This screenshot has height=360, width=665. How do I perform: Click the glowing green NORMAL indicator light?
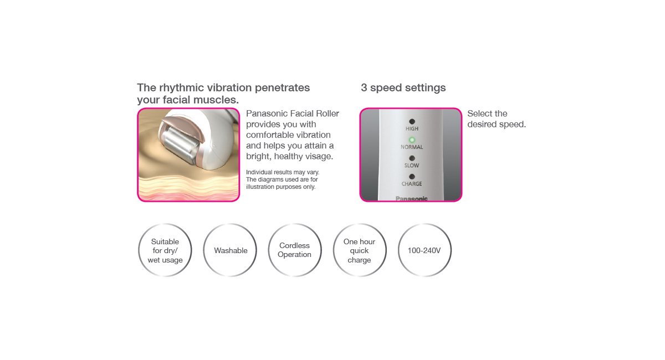[x=412, y=140]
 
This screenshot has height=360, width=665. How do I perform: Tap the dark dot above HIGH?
[x=412, y=121]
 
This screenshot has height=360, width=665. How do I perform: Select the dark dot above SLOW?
[x=412, y=158]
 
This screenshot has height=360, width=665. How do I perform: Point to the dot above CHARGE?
[x=412, y=177]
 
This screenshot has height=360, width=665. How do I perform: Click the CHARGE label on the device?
[x=412, y=184]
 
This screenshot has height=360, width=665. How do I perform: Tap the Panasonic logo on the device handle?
[x=411, y=198]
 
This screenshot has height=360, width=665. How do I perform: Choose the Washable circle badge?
[x=230, y=250]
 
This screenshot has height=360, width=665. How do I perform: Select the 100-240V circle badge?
[x=424, y=250]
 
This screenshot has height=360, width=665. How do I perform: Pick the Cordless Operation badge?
[x=295, y=250]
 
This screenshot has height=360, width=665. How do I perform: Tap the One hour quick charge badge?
[x=360, y=250]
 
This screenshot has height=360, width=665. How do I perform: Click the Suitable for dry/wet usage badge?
[x=165, y=250]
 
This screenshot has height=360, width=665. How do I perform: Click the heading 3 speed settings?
[x=403, y=88]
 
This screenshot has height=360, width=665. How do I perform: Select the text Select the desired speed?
[x=497, y=119]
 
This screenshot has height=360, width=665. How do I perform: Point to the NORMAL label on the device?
[x=412, y=147]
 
